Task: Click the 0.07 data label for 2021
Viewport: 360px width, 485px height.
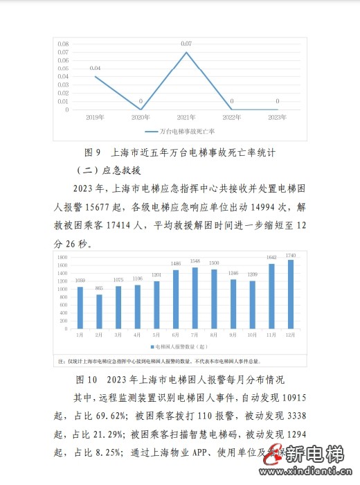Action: (186, 44)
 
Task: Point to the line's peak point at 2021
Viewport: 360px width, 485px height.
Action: (186, 52)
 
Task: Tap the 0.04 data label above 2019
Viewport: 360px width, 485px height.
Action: (96, 68)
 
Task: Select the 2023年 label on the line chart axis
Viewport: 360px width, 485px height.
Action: (277, 118)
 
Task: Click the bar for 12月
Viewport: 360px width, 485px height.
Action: (290, 294)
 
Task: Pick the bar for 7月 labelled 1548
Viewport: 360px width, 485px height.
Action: (195, 298)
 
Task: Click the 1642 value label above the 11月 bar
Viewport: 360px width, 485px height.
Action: (271, 257)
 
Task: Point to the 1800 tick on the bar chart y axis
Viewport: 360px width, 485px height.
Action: (62, 256)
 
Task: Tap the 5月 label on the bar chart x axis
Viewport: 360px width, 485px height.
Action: (156, 335)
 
